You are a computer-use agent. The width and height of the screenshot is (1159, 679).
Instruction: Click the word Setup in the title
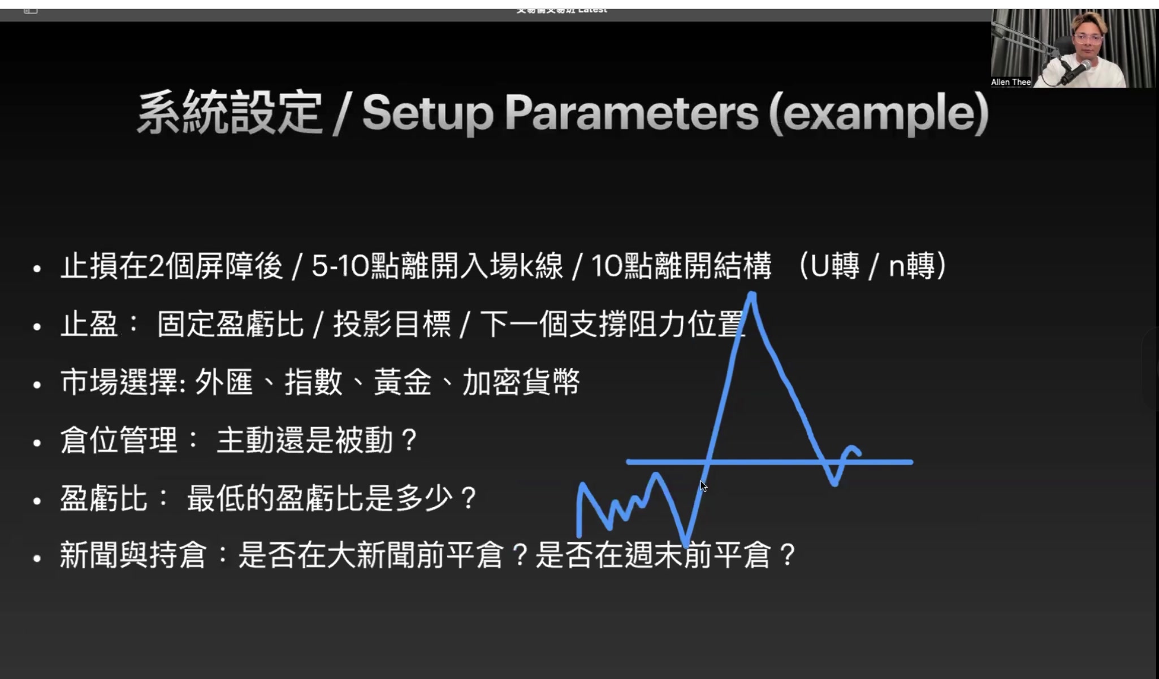(428, 113)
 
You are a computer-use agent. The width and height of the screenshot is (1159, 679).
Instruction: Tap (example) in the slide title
(879, 113)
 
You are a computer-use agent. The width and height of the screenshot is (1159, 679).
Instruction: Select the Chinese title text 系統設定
(229, 113)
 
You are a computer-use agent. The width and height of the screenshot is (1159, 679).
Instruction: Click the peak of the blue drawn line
(752, 294)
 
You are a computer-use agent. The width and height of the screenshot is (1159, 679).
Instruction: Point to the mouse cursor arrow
(703, 485)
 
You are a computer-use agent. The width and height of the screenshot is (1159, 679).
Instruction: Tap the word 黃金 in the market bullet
(402, 382)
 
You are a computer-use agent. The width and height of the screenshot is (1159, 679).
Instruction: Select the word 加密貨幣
(521, 382)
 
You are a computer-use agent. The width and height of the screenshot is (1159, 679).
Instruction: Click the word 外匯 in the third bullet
(224, 382)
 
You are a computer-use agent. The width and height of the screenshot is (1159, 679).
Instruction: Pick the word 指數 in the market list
(313, 382)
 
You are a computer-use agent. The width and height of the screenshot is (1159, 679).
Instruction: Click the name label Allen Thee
(1011, 82)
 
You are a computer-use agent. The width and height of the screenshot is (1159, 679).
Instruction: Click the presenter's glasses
(1088, 39)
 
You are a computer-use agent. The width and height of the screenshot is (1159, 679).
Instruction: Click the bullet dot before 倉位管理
(37, 443)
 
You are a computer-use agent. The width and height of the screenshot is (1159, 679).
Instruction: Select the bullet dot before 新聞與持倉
(37, 559)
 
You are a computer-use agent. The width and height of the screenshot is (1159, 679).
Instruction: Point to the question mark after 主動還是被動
(408, 441)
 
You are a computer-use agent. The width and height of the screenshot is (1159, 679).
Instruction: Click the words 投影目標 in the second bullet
(392, 325)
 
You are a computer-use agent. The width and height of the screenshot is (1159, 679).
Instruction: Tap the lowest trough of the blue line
(686, 544)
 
